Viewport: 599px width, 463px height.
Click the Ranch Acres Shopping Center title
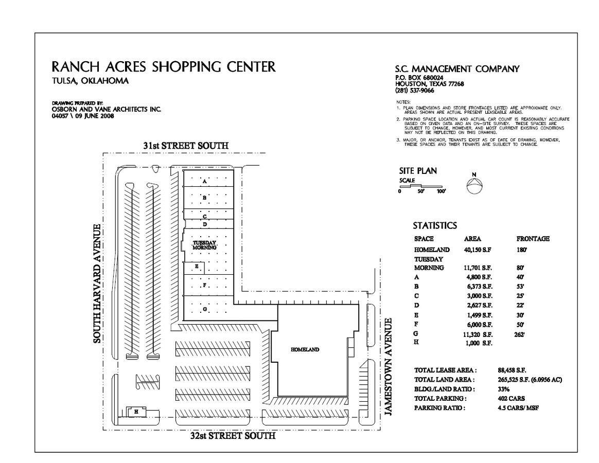164,67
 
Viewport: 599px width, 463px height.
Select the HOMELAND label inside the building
305,349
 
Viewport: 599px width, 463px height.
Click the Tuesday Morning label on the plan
204,245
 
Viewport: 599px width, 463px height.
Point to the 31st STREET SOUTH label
186,146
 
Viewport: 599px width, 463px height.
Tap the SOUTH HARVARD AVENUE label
97,283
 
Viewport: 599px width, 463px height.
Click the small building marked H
136,412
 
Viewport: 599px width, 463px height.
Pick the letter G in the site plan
204,309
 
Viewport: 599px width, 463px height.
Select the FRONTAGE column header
533,239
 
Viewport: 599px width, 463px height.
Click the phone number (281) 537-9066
415,91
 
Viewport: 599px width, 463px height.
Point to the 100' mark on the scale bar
441,191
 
